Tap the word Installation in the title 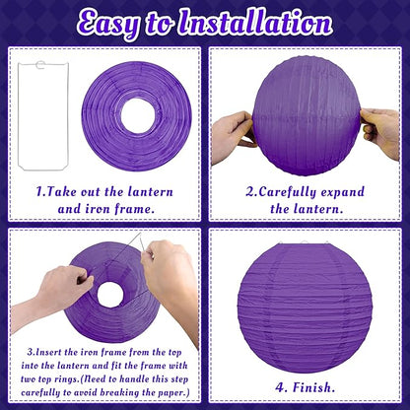pyautogui.click(x=254, y=23)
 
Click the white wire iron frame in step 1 pyautogui.click(x=20, y=115)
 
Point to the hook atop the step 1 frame pyautogui.click(x=40, y=64)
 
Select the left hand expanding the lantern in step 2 pyautogui.click(x=233, y=137)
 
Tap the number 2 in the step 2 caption pyautogui.click(x=250, y=192)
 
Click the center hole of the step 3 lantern pyautogui.click(x=110, y=295)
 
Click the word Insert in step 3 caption pyautogui.click(x=48, y=353)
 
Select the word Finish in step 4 pyautogui.click(x=313, y=387)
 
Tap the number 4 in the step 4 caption pyautogui.click(x=280, y=387)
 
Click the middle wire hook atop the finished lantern pyautogui.click(x=305, y=243)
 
